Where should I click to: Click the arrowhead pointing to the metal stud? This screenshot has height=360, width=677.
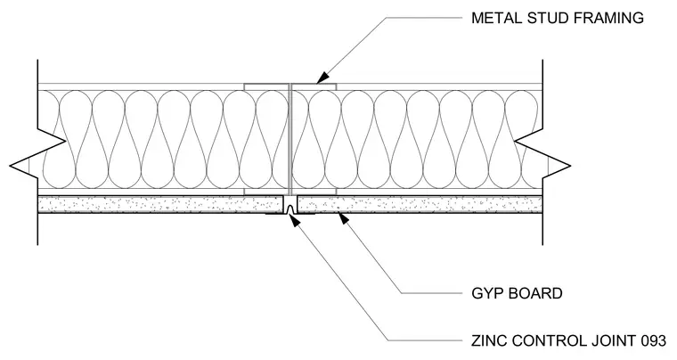click(x=322, y=78)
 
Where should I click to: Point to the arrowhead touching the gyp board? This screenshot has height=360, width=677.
click(x=343, y=218)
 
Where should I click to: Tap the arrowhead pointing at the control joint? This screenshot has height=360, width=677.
click(x=294, y=220)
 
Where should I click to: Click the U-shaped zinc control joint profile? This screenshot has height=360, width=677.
click(x=290, y=208)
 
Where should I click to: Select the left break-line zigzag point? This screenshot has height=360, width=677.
click(x=11, y=166)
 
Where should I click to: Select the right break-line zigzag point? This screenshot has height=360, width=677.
click(x=570, y=166)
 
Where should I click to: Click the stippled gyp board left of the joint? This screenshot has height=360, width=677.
click(x=159, y=204)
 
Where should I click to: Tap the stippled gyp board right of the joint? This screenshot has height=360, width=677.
click(x=420, y=204)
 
